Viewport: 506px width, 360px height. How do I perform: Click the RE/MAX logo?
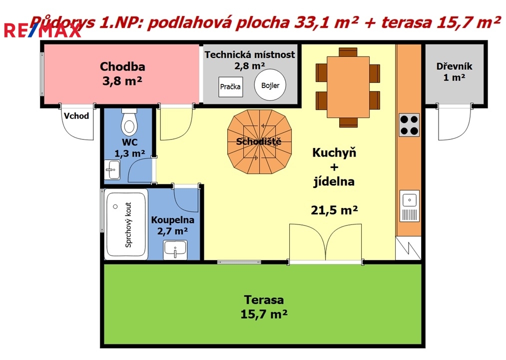tap(42, 30)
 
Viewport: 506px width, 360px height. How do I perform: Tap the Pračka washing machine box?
tap(230, 86)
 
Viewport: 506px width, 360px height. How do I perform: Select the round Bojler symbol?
tap(270, 85)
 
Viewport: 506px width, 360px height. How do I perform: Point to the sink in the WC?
tap(112, 169)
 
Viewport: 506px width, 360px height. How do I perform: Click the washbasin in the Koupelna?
tap(175, 250)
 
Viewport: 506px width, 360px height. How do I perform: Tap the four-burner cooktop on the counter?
tap(409, 125)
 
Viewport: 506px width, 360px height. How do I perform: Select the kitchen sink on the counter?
tap(410, 206)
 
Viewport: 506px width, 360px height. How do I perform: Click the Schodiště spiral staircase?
tap(259, 141)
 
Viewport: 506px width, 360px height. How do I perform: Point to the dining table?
tap(348, 87)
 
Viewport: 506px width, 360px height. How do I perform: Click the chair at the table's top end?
tap(348, 52)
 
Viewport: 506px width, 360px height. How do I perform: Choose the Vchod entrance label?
tap(76, 115)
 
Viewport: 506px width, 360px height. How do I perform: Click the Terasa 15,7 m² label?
tap(264, 307)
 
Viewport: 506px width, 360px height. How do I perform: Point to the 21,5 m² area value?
tap(334, 210)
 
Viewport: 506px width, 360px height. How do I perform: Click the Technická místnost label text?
tap(250, 54)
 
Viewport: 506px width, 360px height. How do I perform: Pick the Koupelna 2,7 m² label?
tap(173, 225)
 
